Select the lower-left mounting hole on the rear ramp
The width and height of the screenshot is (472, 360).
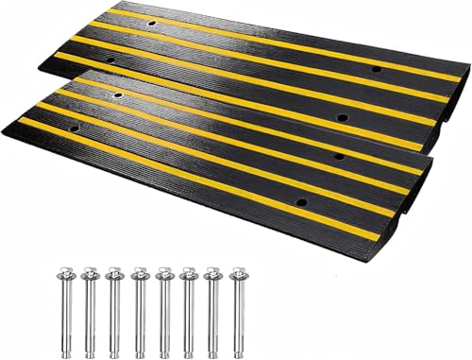pos(113,62)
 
